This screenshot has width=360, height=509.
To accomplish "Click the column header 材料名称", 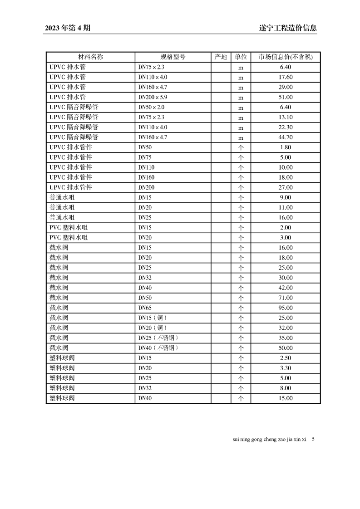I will (x=91, y=57).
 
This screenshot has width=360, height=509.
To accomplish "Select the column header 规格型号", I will (x=173, y=57).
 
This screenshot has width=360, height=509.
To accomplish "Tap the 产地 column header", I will (x=221, y=57).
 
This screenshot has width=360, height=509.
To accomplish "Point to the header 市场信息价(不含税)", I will (x=286, y=57).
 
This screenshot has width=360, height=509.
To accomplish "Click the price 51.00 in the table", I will (x=286, y=97).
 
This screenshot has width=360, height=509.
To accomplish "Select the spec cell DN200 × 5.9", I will (x=153, y=97).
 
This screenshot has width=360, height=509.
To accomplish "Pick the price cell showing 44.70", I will (x=286, y=137).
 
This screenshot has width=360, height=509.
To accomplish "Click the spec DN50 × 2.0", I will (x=151, y=107).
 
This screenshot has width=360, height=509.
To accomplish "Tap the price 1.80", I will (x=286, y=147).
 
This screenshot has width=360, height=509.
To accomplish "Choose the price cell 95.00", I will (x=286, y=308).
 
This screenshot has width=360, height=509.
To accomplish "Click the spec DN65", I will (x=145, y=308).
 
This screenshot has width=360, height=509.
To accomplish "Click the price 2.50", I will (x=286, y=358).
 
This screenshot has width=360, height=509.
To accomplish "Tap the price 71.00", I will (x=286, y=298).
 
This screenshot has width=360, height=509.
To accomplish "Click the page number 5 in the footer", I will (x=313, y=439).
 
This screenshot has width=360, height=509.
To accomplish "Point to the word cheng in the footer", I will (x=270, y=440).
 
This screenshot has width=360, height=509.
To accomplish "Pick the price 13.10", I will (x=286, y=117).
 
